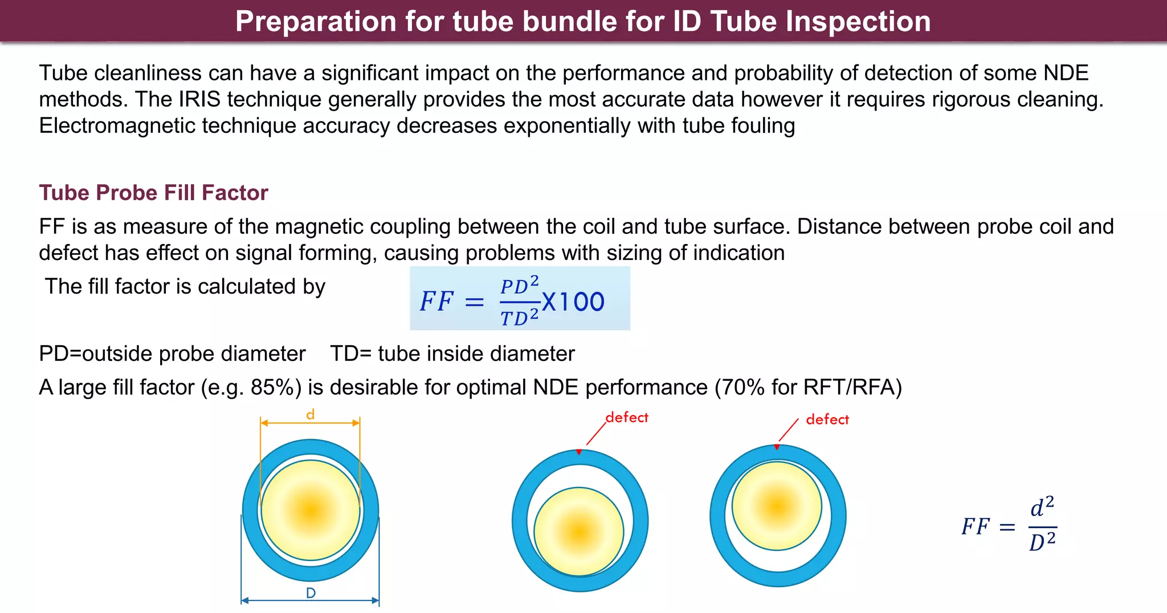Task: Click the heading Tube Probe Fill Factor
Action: click(x=153, y=193)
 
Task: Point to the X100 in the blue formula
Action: click(x=573, y=302)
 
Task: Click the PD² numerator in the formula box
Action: click(x=519, y=285)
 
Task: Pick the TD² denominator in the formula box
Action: click(x=519, y=316)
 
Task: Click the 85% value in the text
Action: click(x=276, y=388)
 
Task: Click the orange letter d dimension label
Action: click(x=310, y=415)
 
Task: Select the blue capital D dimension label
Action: click(x=311, y=593)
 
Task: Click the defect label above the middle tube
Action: click(x=627, y=417)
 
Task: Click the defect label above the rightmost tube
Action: click(x=827, y=420)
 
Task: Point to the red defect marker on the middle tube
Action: click(x=579, y=452)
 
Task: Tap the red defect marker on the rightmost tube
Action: click(x=777, y=447)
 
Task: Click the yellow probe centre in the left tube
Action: click(x=311, y=510)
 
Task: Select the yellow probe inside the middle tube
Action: click(x=579, y=531)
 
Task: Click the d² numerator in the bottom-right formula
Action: click(x=1042, y=506)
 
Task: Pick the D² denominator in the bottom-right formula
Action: click(x=1042, y=541)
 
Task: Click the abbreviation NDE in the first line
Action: click(x=1066, y=74)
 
